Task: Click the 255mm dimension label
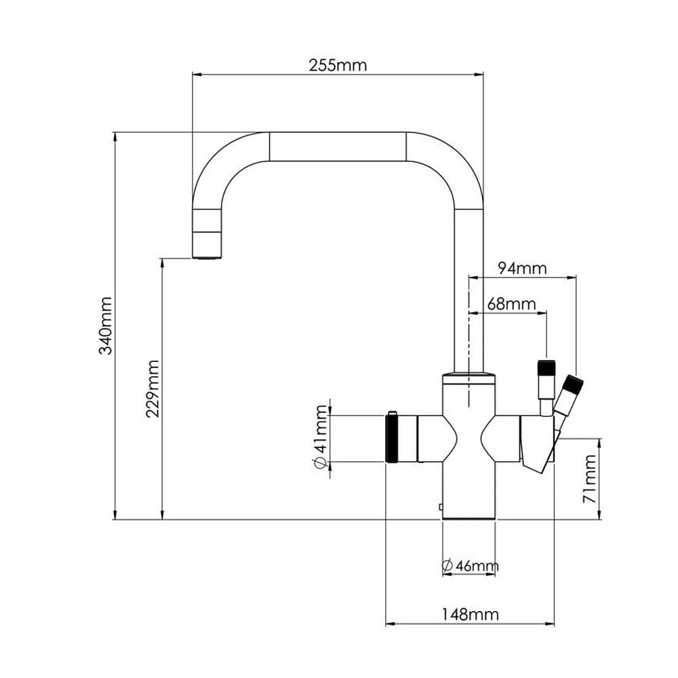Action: click(337, 65)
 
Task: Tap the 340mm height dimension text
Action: click(105, 325)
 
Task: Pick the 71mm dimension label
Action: click(590, 478)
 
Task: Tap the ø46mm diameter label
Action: click(469, 565)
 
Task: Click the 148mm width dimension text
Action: click(470, 614)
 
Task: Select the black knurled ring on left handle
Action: click(392, 437)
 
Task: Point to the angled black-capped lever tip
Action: click(573, 384)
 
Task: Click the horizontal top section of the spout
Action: click(337, 146)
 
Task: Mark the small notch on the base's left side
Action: click(441, 506)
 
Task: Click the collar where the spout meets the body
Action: click(468, 377)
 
